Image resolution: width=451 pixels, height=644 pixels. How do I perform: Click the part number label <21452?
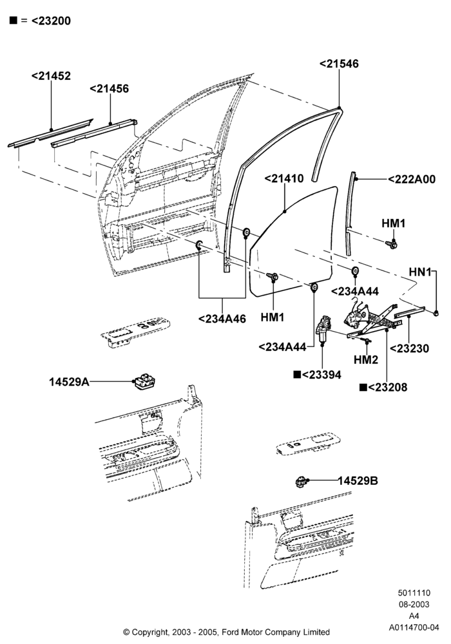pyautogui.click(x=51, y=76)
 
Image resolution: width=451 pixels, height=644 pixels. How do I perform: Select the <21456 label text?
pyautogui.click(x=110, y=89)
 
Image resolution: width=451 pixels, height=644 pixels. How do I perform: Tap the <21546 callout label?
pyautogui.click(x=339, y=64)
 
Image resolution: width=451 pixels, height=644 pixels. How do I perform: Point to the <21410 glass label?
pyautogui.click(x=284, y=178)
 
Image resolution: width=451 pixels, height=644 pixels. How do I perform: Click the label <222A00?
pyautogui.click(x=412, y=180)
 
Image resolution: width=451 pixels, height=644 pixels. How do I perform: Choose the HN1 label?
pyautogui.click(x=420, y=272)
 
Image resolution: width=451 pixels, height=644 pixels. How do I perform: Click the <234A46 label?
pyautogui.click(x=222, y=319)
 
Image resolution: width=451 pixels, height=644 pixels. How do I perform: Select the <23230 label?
pyautogui.click(x=409, y=348)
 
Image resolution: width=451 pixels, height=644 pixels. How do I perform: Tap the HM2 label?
pyautogui.click(x=365, y=360)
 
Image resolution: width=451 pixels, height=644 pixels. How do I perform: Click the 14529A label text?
pyautogui.click(x=69, y=382)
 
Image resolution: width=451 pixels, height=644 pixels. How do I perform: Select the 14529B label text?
pyautogui.click(x=358, y=480)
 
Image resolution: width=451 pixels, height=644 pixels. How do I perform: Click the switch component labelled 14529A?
pyautogui.click(x=144, y=382)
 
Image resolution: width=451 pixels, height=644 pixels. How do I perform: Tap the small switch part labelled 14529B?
pyautogui.click(x=302, y=481)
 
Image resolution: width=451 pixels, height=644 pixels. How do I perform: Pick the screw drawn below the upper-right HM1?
pyautogui.click(x=392, y=245)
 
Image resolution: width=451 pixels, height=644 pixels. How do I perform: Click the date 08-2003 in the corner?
pyautogui.click(x=414, y=605)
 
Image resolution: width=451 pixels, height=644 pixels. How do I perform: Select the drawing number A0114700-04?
pyautogui.click(x=414, y=627)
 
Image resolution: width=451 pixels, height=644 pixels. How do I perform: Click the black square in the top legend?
pyautogui.click(x=14, y=20)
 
